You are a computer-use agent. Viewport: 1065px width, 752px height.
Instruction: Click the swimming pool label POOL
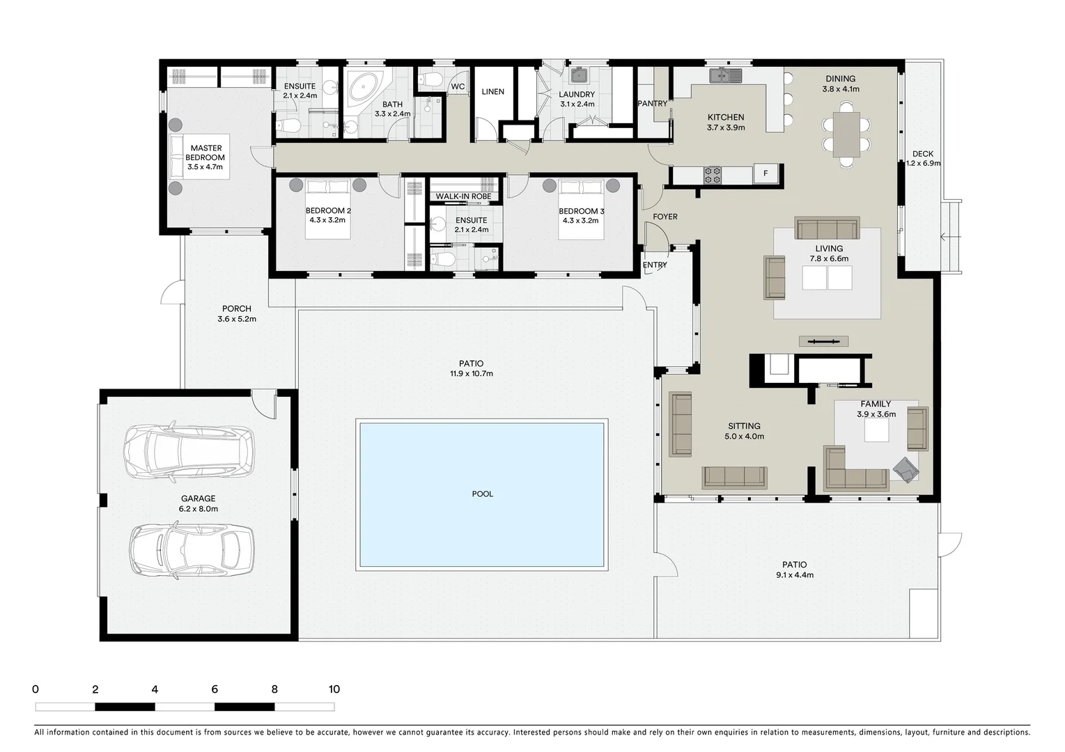482,494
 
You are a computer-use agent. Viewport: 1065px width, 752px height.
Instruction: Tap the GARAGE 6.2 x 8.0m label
199,503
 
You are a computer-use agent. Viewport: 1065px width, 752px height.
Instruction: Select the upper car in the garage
188,452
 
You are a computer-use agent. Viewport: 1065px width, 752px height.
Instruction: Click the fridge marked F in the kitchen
765,173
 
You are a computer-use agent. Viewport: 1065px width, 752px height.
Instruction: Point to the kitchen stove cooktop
713,175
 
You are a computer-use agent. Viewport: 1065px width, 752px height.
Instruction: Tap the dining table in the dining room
846,134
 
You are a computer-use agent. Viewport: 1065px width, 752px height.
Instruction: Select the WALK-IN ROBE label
463,196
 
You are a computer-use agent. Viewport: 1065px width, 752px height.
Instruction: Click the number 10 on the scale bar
334,689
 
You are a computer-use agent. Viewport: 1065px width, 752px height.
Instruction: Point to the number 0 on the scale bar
36,689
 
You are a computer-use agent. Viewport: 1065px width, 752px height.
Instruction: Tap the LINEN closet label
492,92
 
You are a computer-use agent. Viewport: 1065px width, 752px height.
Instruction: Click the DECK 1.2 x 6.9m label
923,159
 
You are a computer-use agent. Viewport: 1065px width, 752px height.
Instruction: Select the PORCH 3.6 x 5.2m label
237,314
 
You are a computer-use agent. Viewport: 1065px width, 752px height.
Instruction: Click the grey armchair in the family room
906,469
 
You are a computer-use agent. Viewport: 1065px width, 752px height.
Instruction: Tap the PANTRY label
652,104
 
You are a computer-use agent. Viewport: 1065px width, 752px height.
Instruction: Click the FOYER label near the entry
665,217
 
